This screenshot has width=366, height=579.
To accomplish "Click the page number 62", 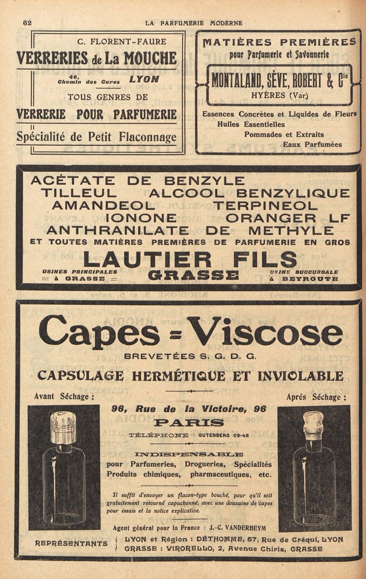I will [27, 22].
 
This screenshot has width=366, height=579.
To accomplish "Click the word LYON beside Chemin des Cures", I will [144, 79].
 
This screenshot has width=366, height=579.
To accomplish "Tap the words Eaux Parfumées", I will [312, 144].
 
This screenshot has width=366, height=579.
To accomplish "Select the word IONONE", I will [141, 218].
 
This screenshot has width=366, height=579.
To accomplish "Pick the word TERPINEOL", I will [265, 205].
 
